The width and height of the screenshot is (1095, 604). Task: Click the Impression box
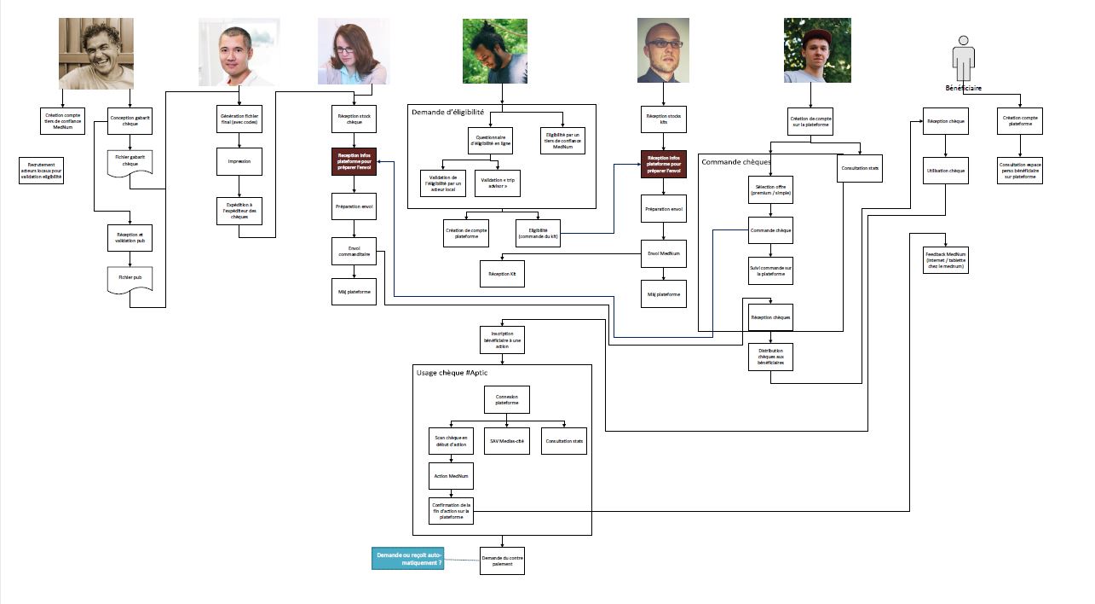pos(239,160)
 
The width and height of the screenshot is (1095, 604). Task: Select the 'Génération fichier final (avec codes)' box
pos(239,120)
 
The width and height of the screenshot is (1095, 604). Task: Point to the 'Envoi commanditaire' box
pos(354,251)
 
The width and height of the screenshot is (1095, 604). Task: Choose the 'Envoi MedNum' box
pos(664,253)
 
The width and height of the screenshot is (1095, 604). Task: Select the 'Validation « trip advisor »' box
pos(497,183)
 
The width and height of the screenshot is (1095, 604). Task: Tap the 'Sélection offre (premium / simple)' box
pos(770,189)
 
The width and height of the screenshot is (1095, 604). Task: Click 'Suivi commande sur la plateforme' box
pos(770,270)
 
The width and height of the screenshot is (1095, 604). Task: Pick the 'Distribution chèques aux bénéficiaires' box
pos(770,357)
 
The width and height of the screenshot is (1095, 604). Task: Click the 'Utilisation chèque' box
pos(946,171)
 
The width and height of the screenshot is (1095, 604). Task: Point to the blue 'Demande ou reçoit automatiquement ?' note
pos(409,559)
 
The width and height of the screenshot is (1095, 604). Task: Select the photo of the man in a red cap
pos(816,51)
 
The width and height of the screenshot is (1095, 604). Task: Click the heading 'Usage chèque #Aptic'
pos(452,374)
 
